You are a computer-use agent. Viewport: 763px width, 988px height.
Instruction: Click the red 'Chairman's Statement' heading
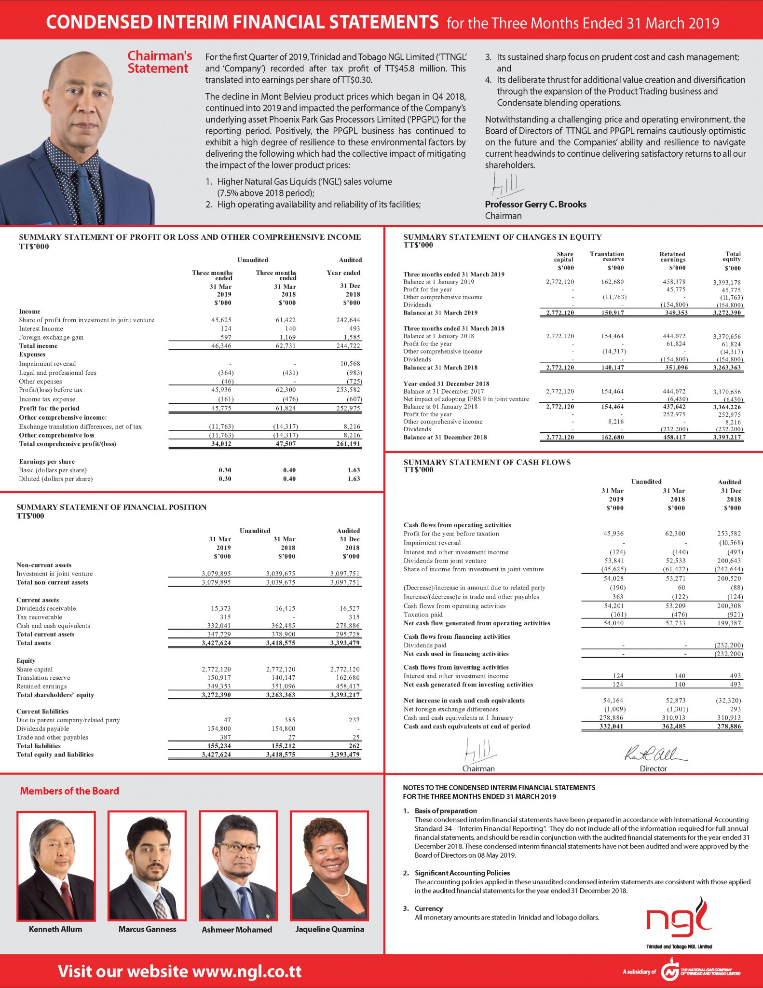coord(159,62)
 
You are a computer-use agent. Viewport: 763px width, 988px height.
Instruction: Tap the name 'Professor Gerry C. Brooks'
coord(535,204)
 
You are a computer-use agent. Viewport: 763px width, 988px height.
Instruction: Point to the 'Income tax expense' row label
coord(47,399)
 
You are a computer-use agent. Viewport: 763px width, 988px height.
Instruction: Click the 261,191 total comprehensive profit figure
coord(348,444)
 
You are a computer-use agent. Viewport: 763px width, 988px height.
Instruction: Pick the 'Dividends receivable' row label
coord(46,608)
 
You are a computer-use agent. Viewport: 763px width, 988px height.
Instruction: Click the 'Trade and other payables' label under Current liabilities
coord(52,737)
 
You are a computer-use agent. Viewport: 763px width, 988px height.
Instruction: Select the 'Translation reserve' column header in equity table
coord(607,257)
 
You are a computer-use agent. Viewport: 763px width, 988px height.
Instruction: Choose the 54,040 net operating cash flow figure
coord(614,623)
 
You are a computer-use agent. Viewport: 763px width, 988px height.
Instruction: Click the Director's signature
coord(655,754)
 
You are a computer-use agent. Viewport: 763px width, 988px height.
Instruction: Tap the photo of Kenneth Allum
coord(56,866)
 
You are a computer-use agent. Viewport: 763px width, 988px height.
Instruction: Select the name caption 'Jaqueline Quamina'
coord(330,929)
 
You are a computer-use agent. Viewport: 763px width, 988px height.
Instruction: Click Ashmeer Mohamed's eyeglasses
coord(238,849)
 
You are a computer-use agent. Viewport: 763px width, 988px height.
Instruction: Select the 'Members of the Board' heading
coord(69,791)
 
